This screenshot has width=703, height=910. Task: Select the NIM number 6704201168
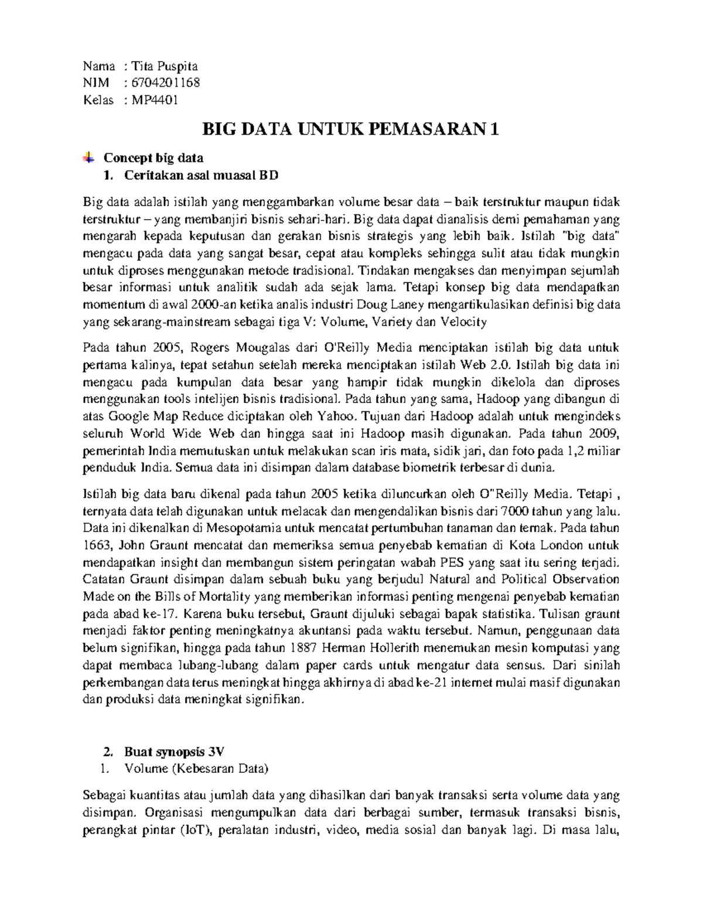click(x=166, y=83)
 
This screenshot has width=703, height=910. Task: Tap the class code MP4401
click(x=154, y=100)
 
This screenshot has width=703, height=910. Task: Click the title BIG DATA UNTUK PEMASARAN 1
click(x=350, y=129)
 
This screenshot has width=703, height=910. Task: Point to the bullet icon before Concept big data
click(x=88, y=157)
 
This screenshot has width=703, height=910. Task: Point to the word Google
click(x=129, y=417)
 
